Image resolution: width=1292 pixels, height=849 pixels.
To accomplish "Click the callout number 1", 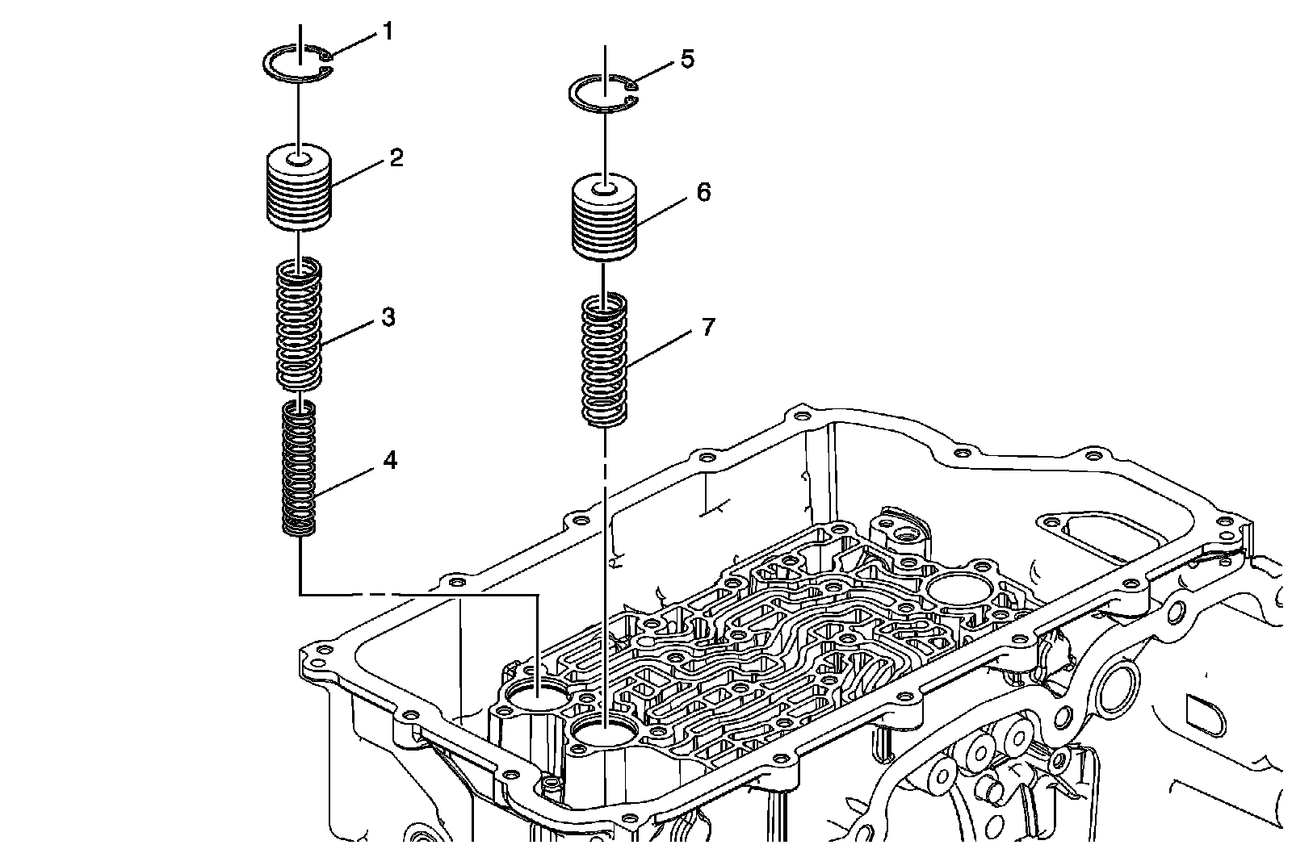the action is [388, 31].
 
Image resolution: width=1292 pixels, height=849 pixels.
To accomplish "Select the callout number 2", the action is [396, 158].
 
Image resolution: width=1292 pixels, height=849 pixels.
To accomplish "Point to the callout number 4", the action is [391, 461].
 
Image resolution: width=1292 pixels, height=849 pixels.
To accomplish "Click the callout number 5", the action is [687, 59].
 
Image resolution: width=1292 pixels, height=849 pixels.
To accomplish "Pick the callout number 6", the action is [703, 192].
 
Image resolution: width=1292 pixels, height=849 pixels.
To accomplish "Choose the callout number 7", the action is [708, 327].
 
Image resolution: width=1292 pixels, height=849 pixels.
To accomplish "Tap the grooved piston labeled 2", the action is [299, 187].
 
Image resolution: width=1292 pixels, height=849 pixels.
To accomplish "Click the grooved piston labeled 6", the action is [604, 217].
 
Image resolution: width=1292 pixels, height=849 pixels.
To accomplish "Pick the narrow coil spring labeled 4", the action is [299, 468].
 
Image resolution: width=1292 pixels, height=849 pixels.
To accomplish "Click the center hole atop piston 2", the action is [300, 158].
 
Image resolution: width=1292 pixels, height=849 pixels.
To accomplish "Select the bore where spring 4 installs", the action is [536, 695].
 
